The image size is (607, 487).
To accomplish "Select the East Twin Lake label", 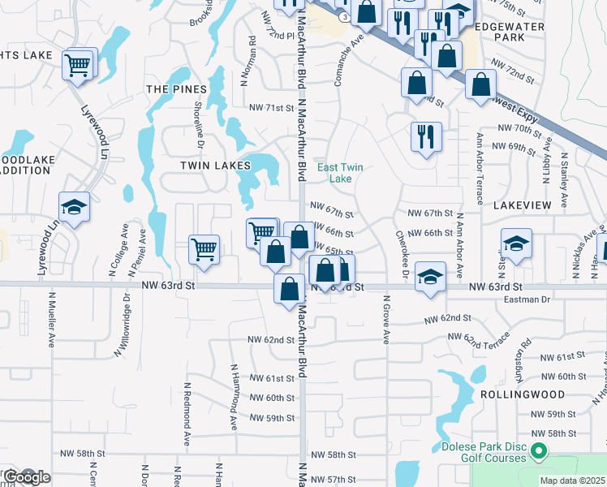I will click(x=339, y=172).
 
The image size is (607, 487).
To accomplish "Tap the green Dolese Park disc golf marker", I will click(x=537, y=450).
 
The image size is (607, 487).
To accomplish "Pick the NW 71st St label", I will click(x=270, y=108).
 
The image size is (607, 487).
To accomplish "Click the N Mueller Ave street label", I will click(x=50, y=320).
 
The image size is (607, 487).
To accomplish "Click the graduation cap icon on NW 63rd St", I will click(x=430, y=277).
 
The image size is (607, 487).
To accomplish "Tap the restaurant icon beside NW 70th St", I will click(x=425, y=136).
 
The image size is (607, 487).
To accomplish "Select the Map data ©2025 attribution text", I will click(x=571, y=481).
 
